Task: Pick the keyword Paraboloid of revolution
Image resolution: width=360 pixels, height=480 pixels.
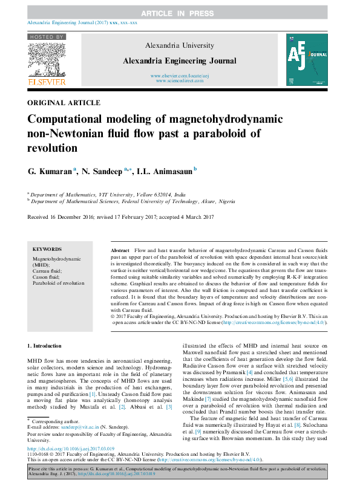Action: [58, 283]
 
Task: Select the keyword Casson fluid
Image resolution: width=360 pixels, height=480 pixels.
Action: [47, 277]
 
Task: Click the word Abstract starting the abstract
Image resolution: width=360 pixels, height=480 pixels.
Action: [120, 249]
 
